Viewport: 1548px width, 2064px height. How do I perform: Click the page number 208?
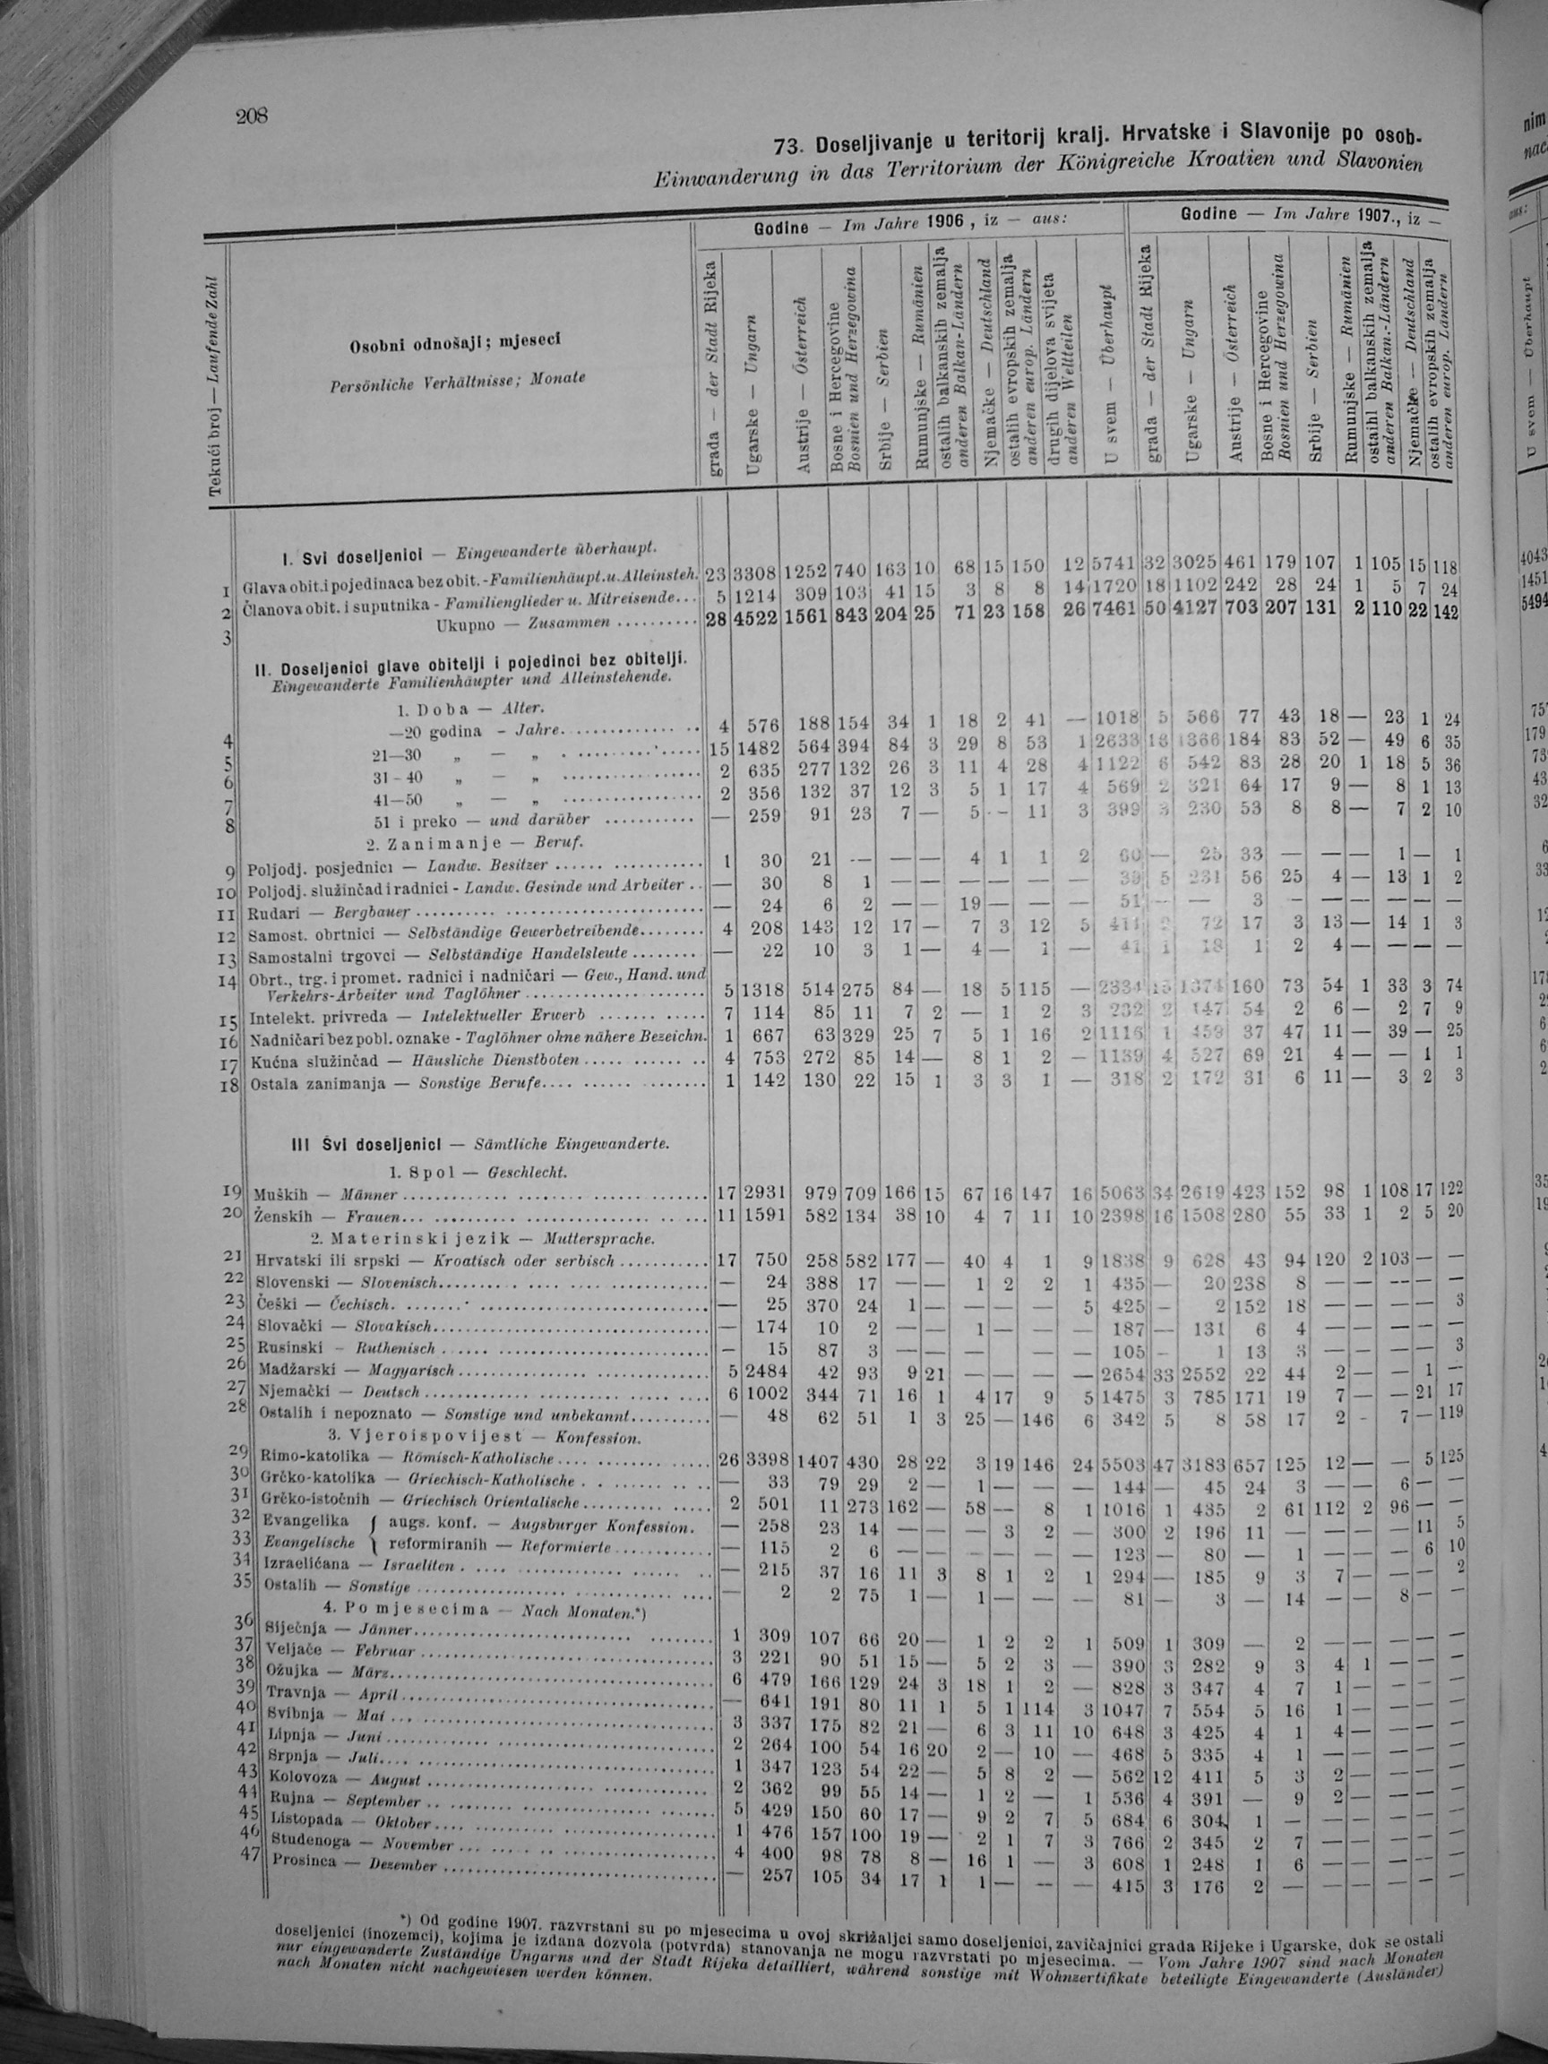point(252,116)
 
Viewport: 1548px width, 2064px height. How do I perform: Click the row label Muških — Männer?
point(326,1193)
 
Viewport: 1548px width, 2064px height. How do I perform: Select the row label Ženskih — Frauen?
point(328,1217)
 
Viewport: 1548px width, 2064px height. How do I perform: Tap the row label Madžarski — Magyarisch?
point(355,1370)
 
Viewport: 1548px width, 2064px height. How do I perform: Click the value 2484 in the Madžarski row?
point(758,1369)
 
